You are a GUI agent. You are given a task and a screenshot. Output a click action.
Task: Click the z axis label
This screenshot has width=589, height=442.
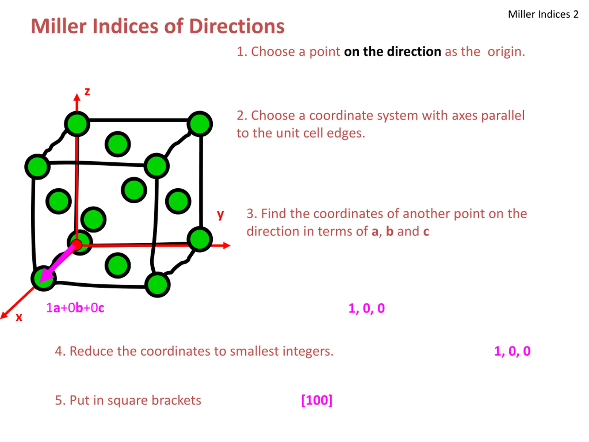[87, 92]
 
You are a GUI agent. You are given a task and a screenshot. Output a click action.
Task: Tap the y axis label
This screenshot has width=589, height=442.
[220, 215]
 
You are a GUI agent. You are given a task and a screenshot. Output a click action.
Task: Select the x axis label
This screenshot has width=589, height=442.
[19, 317]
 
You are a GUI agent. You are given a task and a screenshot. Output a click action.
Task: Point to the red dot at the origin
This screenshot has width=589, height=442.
[77, 244]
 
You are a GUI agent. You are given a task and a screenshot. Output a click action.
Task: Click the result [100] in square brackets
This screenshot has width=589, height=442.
[317, 400]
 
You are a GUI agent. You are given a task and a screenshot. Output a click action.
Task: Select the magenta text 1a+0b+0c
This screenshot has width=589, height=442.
[75, 308]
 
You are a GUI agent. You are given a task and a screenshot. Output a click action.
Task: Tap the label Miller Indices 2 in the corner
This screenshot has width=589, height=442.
[543, 14]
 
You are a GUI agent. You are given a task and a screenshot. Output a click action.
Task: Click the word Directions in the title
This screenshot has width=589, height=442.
[237, 26]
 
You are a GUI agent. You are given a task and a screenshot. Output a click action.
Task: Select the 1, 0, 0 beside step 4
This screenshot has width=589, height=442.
[512, 351]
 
